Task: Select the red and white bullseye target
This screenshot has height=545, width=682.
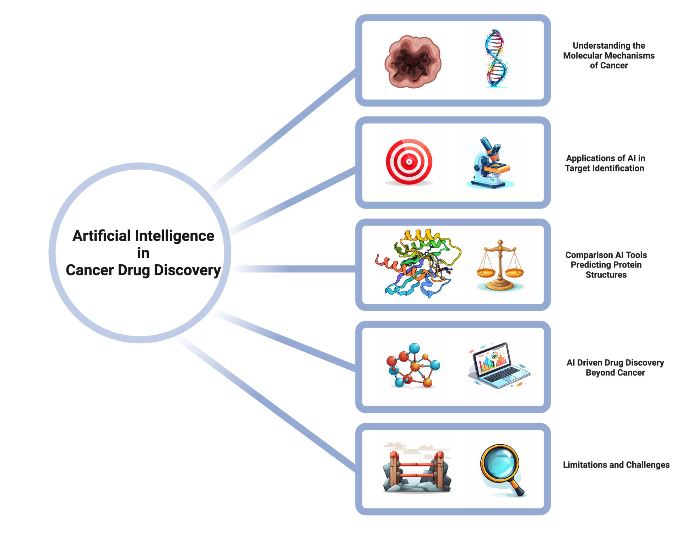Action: point(409,162)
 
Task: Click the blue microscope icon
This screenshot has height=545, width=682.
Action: point(490,163)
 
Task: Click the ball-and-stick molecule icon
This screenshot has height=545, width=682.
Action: point(413,365)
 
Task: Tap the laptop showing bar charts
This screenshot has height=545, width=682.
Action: point(499,365)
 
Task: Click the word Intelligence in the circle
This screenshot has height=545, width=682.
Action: point(174,236)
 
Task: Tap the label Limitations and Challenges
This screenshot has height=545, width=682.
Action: point(616,465)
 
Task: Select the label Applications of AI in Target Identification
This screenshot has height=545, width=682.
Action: point(605,163)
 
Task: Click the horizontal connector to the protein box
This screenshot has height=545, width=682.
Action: point(295,269)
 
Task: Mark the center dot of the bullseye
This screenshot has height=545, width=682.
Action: point(409,162)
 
